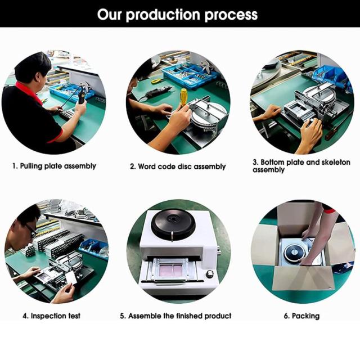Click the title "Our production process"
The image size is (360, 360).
[177, 15]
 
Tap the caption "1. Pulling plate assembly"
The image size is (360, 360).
[54, 166]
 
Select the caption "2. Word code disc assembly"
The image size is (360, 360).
[178, 166]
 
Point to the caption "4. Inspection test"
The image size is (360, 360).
[51, 316]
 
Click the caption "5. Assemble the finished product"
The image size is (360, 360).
[175, 316]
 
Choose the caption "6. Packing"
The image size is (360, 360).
[301, 316]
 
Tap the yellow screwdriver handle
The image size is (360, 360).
[183, 96]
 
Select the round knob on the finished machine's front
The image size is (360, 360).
[209, 274]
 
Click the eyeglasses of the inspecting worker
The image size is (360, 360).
[31, 230]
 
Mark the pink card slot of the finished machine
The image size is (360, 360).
[174, 269]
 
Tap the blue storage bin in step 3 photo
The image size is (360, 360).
[330, 75]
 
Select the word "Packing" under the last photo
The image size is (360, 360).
[305, 316]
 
